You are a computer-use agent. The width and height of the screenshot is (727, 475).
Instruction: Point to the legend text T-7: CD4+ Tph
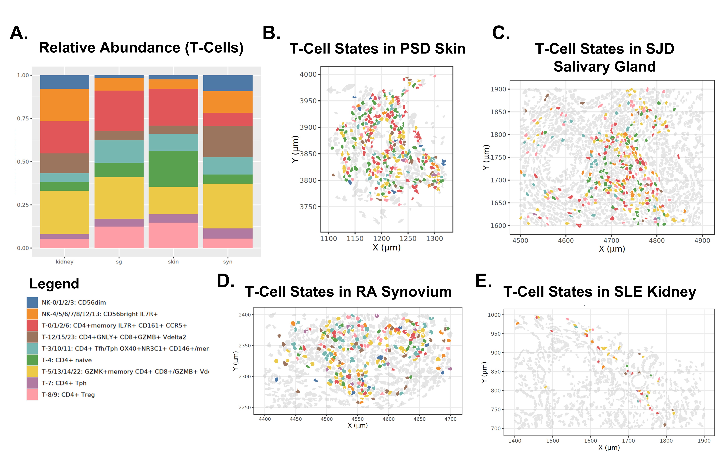[x=64, y=383]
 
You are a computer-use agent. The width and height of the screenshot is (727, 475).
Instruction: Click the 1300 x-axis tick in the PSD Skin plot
[x=434, y=239]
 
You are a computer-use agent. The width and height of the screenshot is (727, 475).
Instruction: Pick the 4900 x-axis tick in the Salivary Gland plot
[x=702, y=240]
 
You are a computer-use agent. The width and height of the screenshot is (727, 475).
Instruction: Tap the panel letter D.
[x=225, y=281]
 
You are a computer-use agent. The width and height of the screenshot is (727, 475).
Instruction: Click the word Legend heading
[x=54, y=284]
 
